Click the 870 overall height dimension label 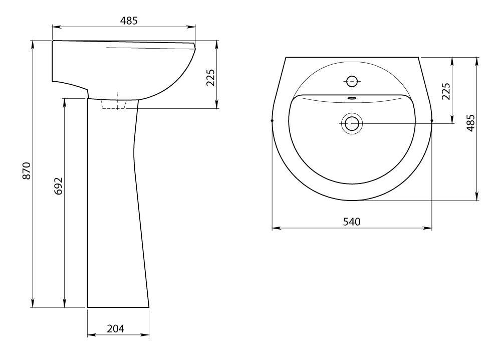coord(27,171)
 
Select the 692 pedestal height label coord(59,186)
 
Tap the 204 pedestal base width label coord(115,328)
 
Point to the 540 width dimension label coord(352,222)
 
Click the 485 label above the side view coord(129,21)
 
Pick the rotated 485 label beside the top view coord(470,123)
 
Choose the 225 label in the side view coord(211,78)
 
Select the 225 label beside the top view coord(446,91)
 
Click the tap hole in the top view coord(352,82)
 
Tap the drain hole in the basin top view coord(352,123)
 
